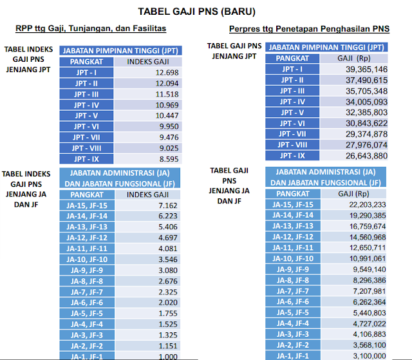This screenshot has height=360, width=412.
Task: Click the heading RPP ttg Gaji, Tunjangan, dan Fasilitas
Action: [x=91, y=29]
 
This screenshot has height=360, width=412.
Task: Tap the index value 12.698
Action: [x=167, y=72]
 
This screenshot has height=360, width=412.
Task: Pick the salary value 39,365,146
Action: [x=366, y=69]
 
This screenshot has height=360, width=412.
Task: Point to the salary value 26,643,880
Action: [x=366, y=156]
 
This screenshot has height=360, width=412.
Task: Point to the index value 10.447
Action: [x=167, y=115]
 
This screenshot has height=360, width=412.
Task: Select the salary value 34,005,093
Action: [x=366, y=102]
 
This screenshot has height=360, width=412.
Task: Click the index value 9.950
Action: [x=167, y=126]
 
